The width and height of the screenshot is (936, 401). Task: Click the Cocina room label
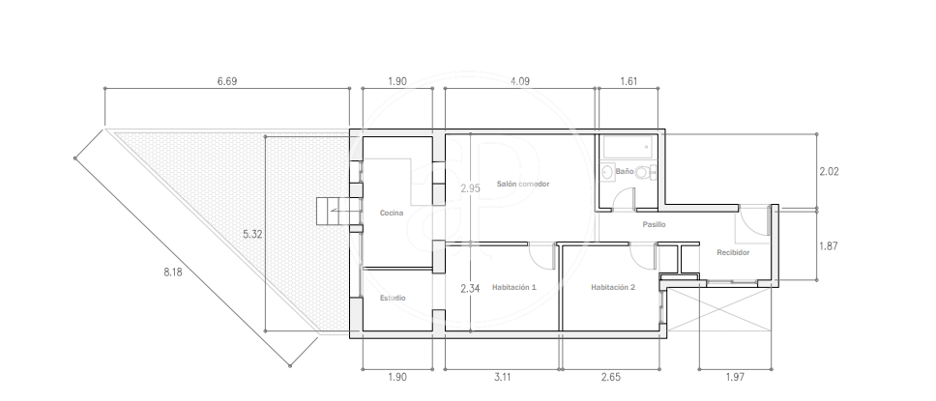(x=392, y=213)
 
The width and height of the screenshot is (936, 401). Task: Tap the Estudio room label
(x=393, y=298)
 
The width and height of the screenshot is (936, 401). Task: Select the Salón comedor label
(x=523, y=184)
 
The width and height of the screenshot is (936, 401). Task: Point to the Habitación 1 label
(x=514, y=287)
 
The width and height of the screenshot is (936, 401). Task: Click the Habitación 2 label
(x=613, y=287)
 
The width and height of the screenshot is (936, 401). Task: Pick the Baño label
(x=625, y=171)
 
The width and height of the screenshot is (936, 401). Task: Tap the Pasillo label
(x=655, y=224)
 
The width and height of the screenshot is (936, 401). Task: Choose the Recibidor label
(x=733, y=252)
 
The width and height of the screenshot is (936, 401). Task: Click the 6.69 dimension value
(x=227, y=81)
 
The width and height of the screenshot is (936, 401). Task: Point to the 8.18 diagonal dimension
(x=172, y=272)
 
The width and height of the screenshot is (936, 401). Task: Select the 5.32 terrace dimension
(x=252, y=235)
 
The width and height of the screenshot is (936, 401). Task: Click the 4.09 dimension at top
(x=520, y=81)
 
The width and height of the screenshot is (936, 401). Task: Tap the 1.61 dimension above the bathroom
(x=629, y=81)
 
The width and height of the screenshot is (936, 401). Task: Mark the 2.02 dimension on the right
(x=829, y=171)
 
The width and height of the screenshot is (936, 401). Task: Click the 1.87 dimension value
(x=829, y=245)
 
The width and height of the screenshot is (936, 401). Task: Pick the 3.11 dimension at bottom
(x=502, y=377)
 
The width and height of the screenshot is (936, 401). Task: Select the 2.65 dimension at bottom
(x=611, y=377)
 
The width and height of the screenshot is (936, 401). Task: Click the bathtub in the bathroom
(x=629, y=147)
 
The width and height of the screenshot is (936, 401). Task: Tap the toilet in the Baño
(x=645, y=172)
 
